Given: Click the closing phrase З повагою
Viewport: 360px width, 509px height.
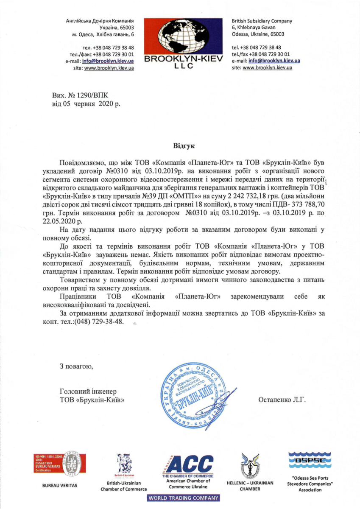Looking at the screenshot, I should coord(76,366).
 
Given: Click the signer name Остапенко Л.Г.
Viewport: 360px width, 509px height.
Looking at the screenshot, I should coord(282,399).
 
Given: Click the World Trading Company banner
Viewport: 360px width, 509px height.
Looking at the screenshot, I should coord(183,498).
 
